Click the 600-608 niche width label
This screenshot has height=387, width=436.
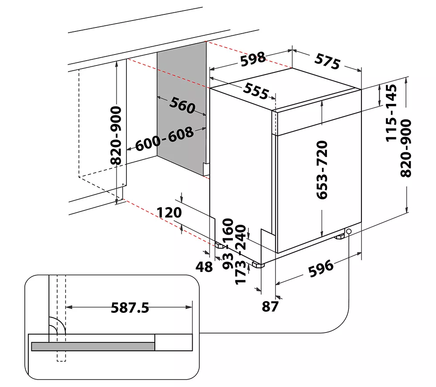pyautogui.click(x=164, y=139)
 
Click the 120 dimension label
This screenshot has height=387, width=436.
pyautogui.click(x=169, y=212)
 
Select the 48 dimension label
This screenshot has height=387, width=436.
pyautogui.click(x=204, y=266)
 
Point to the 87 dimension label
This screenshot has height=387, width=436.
pyautogui.click(x=270, y=306)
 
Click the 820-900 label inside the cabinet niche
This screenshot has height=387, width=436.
pyautogui.click(x=116, y=135)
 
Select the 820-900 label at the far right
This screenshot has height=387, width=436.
pyautogui.click(x=406, y=148)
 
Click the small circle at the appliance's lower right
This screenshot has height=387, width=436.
pyautogui.click(x=349, y=231)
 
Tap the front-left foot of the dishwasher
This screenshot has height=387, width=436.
pyautogui.click(x=259, y=264)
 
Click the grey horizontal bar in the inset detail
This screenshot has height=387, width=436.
pyautogui.click(x=93, y=346)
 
